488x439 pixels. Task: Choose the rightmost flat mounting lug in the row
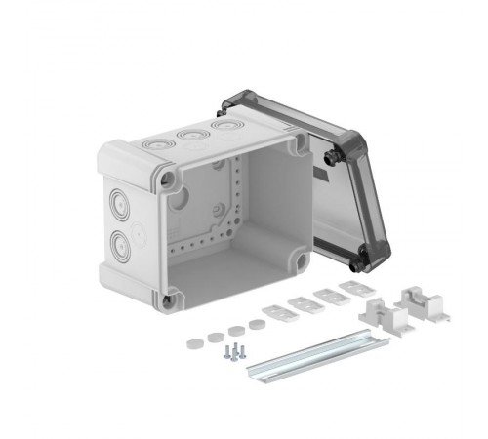pyautogui.click(x=350, y=289)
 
